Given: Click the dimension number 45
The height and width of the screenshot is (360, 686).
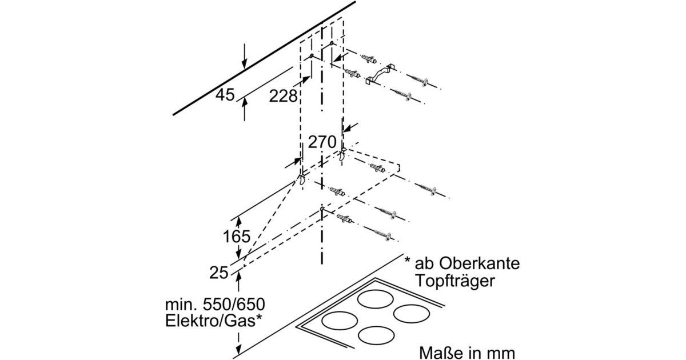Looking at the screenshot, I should (x=225, y=95).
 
